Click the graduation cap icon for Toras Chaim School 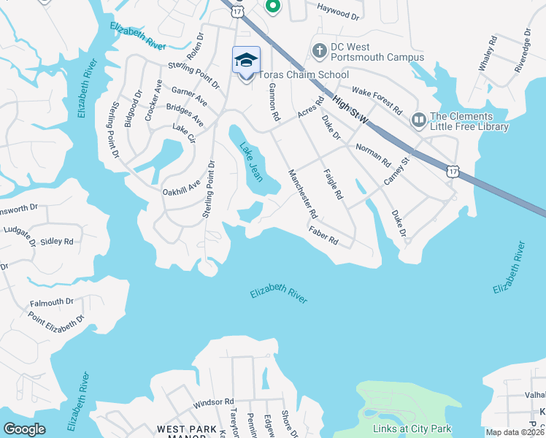pos(247,59)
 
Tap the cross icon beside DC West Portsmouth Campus pos(319,50)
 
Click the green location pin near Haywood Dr pos(272,7)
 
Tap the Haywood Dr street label pos(338,10)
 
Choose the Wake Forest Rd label pos(377,100)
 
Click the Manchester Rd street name pos(304,194)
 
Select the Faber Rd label pos(323,234)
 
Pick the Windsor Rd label pos(213,402)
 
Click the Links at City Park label pos(412,429)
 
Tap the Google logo pos(24,429)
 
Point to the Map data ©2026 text pos(515,432)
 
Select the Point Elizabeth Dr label pos(56,320)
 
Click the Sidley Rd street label pos(57,241)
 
